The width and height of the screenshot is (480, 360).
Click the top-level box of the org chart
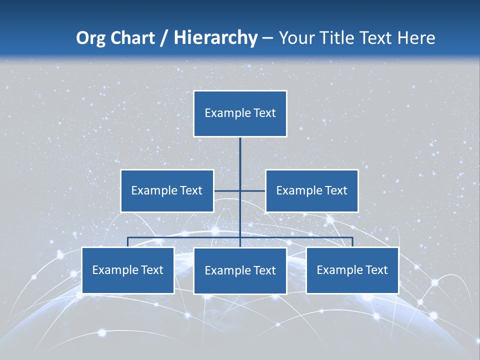[240, 113]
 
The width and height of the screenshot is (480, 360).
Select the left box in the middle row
[167, 190]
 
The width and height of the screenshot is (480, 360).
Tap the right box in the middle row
[311, 190]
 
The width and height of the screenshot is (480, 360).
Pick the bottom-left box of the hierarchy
[128, 270]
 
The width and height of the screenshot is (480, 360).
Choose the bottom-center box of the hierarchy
[240, 270]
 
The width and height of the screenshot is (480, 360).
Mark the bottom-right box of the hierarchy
[352, 270]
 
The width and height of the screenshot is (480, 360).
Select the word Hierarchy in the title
[215, 38]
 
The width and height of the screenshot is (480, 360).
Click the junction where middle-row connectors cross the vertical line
[240, 190]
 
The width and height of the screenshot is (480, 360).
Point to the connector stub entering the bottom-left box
[128, 242]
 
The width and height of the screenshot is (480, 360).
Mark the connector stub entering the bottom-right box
[352, 242]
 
